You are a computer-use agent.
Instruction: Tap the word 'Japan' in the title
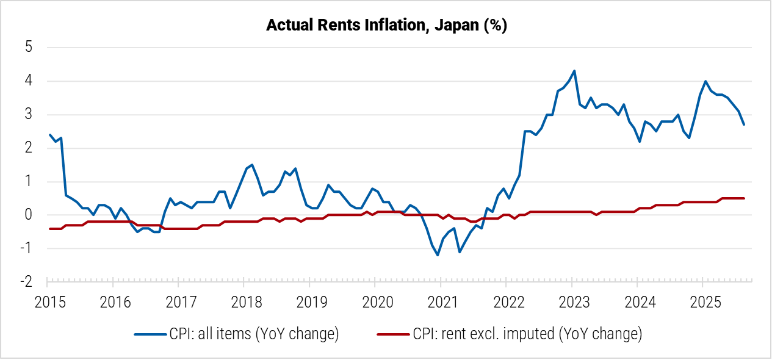point(453,26)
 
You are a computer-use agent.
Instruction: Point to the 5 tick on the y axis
point(29,48)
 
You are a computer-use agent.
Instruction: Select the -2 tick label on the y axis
point(26,282)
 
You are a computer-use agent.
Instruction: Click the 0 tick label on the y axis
point(29,215)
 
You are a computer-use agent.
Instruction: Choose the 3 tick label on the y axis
point(29,115)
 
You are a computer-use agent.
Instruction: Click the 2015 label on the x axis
point(47,301)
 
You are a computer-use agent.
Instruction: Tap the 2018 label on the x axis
point(244,301)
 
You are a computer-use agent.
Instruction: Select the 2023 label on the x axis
point(571,301)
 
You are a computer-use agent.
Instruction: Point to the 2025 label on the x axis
point(702,301)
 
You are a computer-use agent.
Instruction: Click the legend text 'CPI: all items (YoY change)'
point(254,334)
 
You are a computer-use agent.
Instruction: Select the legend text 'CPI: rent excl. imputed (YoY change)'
point(527,334)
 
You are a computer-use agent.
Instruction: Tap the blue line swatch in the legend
point(150,334)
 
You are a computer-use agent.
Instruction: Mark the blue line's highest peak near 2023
point(574,71)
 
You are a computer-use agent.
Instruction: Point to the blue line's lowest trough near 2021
point(438,255)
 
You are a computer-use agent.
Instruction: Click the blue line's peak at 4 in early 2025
point(705,81)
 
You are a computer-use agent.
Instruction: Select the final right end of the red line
point(744,198)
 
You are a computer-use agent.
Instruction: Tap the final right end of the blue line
point(744,124)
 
